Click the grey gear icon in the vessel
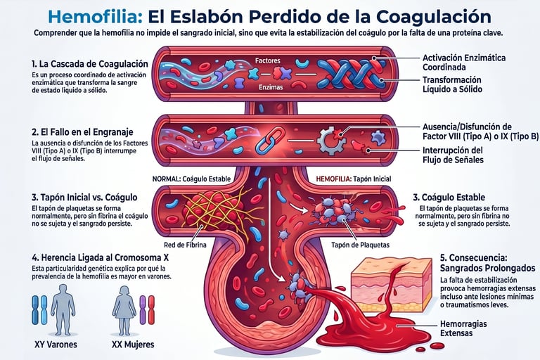coord(330,139)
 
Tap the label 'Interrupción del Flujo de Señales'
coord(453,155)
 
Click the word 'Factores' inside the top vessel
coord(268,60)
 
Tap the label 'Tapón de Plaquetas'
coord(355,245)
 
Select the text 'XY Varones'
coord(55,345)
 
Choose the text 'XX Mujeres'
coord(133,345)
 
